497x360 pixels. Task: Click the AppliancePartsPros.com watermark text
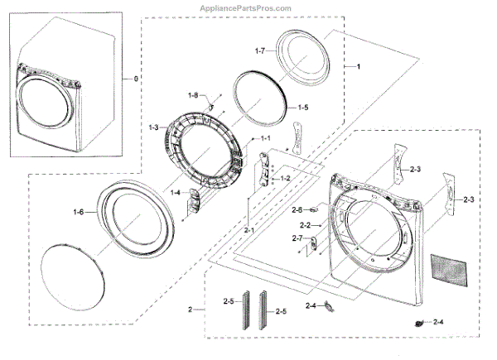coord(246,8)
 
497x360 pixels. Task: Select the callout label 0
coord(127,79)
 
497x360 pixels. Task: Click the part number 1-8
coord(193,96)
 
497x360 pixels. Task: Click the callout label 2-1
coord(248,229)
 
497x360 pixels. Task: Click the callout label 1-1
coord(265,137)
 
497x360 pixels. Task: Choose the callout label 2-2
coord(304,225)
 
